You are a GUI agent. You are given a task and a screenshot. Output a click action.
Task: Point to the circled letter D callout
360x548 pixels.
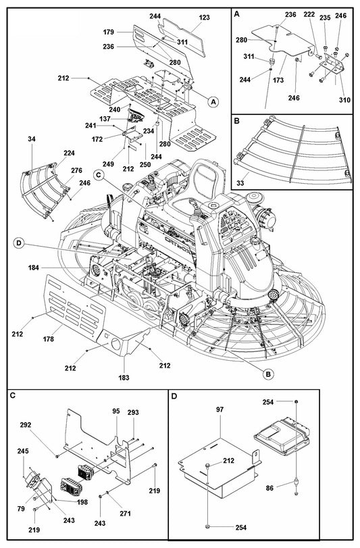[20, 243]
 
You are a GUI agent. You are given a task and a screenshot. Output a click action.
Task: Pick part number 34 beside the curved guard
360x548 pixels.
[31, 140]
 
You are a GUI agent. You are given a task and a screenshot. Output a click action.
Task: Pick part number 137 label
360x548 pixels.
[105, 118]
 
